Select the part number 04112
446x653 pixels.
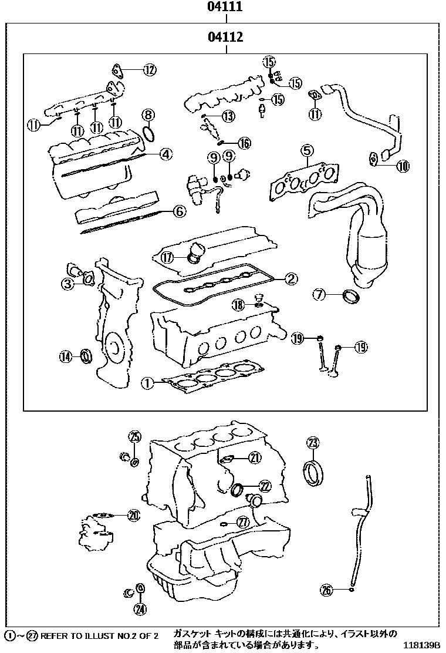pos(225,38)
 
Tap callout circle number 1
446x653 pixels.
pos(147,383)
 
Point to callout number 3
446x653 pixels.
pos(69,284)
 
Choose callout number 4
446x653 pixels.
pos(166,154)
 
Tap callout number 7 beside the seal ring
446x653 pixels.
pos(319,295)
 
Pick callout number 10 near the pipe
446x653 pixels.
pos(403,166)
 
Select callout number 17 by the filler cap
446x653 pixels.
pos(167,257)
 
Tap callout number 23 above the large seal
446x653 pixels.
pos(313,443)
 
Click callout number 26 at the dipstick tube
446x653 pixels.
pos(327,589)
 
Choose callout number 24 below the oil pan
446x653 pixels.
pos(140,609)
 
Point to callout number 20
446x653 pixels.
pos(134,516)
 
